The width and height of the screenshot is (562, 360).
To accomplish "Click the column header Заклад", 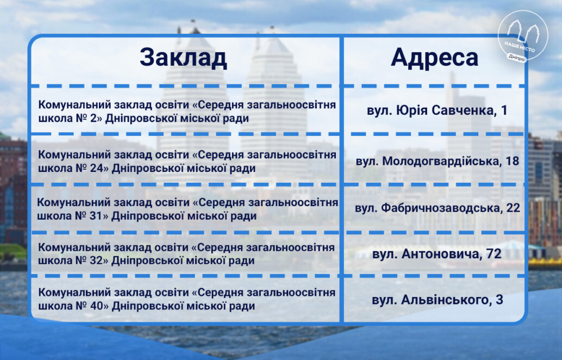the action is tap(183, 58).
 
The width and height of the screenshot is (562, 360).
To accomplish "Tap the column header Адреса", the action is tap(434, 58).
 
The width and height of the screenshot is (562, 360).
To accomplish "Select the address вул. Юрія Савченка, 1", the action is tap(437, 110).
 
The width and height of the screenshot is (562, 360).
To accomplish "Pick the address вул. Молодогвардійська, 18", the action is tap(438, 161).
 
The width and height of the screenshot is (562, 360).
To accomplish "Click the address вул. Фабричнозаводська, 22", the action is tap(438, 208).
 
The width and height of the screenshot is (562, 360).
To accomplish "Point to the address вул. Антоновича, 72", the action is tap(437, 254).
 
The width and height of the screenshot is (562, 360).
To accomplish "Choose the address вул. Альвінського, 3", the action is tap(438, 300).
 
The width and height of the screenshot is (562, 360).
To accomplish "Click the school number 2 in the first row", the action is tap(93, 119).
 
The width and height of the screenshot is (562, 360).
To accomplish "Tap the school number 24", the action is tap(97, 168).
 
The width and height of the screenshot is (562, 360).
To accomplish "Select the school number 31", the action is tap(96, 216).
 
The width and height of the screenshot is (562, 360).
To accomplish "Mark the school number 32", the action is tap(96, 260).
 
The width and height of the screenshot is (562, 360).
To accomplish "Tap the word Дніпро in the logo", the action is tap(516, 57).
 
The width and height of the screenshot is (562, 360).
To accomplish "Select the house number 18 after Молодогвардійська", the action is tap(513, 161).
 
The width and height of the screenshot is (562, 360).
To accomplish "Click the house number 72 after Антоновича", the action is tap(494, 254).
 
